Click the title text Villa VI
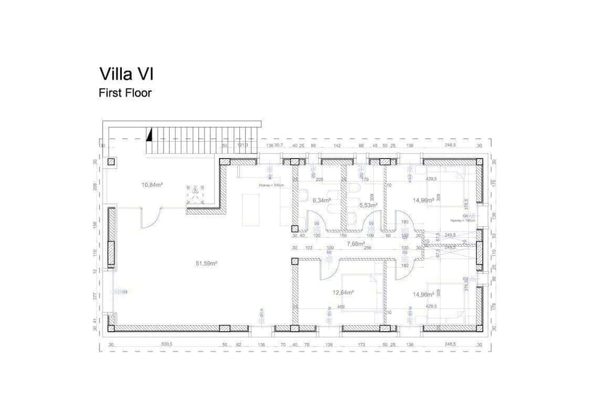pyautogui.click(x=126, y=74)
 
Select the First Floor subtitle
pyautogui.click(x=125, y=93)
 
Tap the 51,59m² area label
pyautogui.click(x=206, y=263)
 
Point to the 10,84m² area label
pyautogui.click(x=152, y=185)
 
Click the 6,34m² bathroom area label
pyautogui.click(x=321, y=201)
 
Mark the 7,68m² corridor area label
pyautogui.click(x=356, y=244)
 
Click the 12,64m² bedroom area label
pyautogui.click(x=343, y=292)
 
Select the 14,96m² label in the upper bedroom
pyautogui.click(x=423, y=200)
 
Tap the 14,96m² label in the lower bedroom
pyautogui.click(x=423, y=294)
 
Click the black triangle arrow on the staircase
pyautogui.click(x=149, y=134)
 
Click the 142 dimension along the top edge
pyautogui.click(x=336, y=145)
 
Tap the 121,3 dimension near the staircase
pyautogui.click(x=243, y=145)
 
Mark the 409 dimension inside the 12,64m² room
pyautogui.click(x=340, y=306)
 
